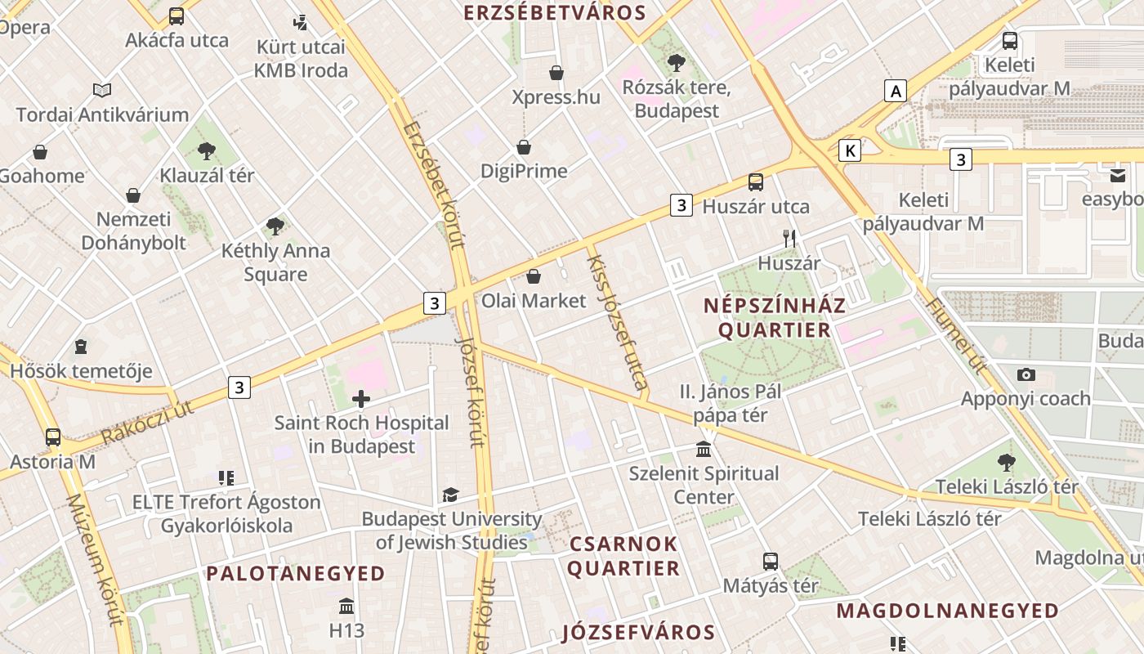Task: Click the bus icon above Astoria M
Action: pos(53,437)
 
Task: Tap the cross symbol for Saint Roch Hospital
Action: pos(360,399)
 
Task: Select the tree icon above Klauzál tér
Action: pos(207,150)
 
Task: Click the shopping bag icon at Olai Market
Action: pos(534,276)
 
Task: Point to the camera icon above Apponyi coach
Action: pos(1026,374)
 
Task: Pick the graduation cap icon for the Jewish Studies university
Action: pos(450,495)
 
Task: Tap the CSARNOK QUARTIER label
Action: pos(624,556)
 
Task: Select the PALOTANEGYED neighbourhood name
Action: pos(296,573)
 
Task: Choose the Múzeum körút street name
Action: pos(97,559)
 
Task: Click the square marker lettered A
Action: pos(896,91)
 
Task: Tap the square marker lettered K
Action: pos(851,150)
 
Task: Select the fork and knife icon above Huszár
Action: pos(789,239)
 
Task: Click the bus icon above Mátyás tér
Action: pos(771,562)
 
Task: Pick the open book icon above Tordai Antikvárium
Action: pos(102,90)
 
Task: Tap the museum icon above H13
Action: pos(346,607)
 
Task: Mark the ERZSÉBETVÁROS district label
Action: pos(555,12)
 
